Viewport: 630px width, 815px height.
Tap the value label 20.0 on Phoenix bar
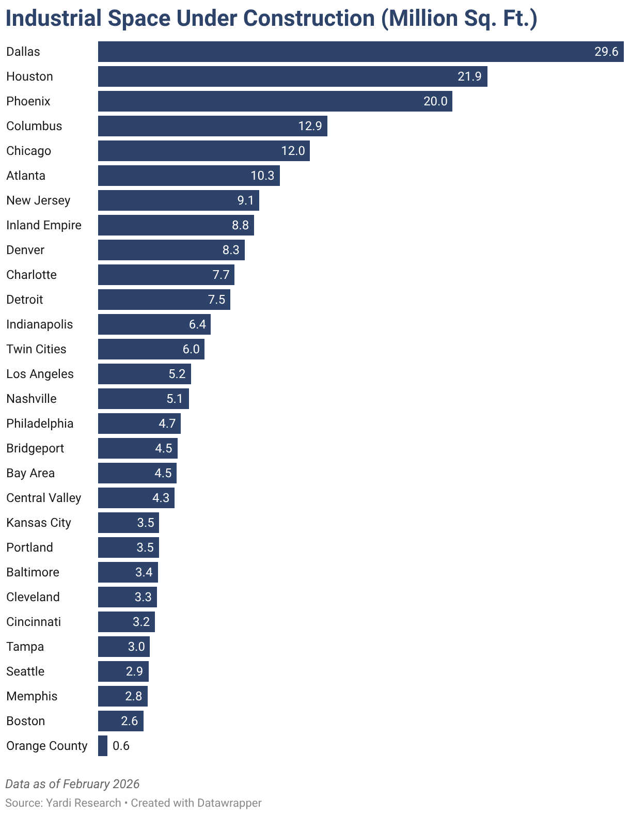tap(435, 101)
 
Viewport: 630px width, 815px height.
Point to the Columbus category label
tap(34, 126)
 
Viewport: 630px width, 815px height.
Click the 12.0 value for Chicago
tap(293, 151)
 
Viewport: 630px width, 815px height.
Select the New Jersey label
tap(38, 200)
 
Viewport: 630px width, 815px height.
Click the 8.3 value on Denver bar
tap(231, 250)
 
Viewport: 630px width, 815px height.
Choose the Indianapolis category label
tap(40, 324)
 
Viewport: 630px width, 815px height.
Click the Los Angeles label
tap(40, 374)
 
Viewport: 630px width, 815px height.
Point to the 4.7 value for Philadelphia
tap(167, 424)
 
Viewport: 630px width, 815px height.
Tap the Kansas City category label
tap(39, 523)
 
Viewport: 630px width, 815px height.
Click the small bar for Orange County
tap(103, 746)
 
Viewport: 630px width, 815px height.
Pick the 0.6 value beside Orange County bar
tap(121, 746)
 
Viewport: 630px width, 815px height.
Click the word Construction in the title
tap(309, 19)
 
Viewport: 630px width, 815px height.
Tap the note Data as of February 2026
tap(72, 784)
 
